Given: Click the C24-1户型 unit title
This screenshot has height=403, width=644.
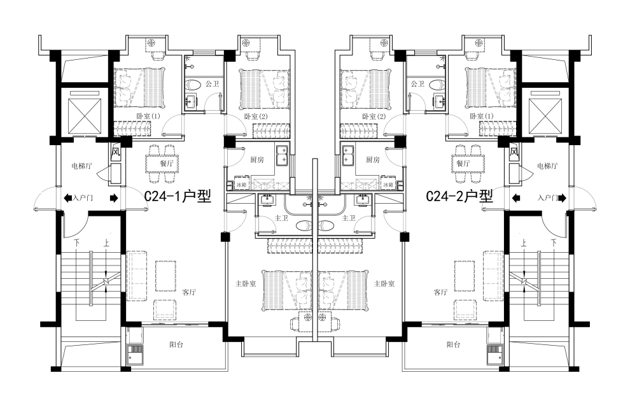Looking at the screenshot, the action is coord(178,196).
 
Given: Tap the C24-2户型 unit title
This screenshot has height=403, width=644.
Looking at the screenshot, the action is coord(459,196).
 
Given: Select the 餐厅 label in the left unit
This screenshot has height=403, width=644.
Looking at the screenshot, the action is coord(167,164).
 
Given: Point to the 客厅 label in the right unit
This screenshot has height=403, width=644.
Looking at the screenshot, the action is coord(440,292).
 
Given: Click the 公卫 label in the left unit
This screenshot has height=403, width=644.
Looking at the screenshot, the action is coord(213,84).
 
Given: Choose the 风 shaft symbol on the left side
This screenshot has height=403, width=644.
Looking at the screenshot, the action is coord(116,153).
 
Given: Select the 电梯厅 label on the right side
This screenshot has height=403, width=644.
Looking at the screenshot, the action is coord(547,166).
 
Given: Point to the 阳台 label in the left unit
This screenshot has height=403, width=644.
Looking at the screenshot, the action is coord(176,344).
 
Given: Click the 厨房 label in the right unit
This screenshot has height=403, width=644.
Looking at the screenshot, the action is coord(373,160).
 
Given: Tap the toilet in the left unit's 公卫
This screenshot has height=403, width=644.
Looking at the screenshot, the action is coord(193,85).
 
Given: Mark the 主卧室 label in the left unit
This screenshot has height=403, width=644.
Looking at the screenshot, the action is coord(246,283).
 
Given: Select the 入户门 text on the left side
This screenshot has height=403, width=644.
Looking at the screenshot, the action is coord(83,198).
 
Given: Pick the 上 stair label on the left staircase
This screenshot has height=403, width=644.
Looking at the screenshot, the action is coord(106,243).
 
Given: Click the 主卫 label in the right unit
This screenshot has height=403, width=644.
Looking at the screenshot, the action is coord(349,218).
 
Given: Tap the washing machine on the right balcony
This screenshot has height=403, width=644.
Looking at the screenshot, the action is coord(494,355).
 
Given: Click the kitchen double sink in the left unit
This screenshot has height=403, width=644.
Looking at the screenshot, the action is coord(282,155).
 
